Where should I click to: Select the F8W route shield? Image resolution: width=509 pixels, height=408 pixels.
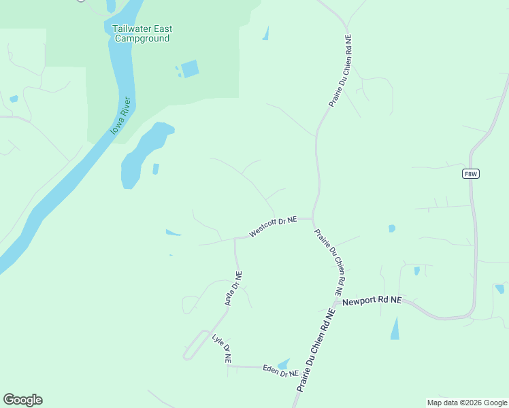(471, 174)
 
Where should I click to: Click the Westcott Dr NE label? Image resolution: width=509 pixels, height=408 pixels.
(273, 226)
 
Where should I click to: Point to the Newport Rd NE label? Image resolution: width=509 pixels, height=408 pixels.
(372, 301)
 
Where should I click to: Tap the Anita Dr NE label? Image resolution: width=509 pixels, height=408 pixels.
(233, 290)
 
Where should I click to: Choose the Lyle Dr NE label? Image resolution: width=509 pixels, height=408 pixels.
(223, 347)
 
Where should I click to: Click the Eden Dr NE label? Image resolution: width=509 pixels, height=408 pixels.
(281, 371)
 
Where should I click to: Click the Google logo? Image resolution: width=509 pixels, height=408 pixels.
(22, 400)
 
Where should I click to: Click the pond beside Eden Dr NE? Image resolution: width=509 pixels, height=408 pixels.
(284, 364)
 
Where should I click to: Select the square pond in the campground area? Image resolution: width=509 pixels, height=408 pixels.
(190, 69)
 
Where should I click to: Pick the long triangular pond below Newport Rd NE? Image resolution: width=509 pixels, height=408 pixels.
(395, 329)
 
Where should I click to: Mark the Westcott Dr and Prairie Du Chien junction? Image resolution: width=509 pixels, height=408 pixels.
(312, 219)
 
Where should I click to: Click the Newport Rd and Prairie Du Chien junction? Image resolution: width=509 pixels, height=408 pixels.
(338, 300)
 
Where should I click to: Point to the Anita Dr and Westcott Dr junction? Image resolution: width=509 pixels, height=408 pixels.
(235, 239)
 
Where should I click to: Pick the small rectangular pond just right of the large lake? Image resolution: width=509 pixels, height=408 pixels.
(156, 169)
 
